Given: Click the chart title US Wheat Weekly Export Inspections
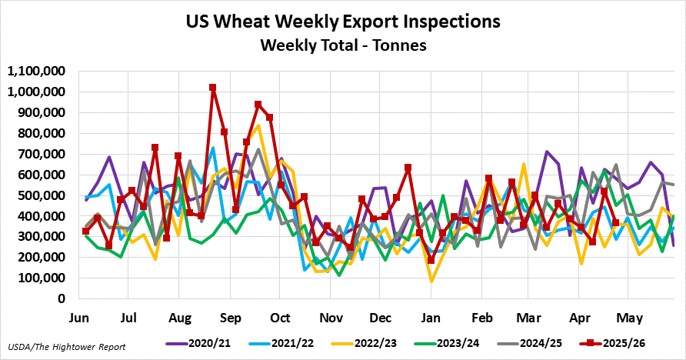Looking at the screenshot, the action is [x=343, y=21].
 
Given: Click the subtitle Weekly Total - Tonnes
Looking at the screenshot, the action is [x=344, y=45].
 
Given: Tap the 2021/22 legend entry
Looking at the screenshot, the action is [x=281, y=343].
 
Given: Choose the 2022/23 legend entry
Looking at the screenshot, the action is [x=364, y=343].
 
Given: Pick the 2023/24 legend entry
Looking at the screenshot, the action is [x=447, y=343].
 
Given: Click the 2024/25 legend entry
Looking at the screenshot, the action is [x=530, y=343].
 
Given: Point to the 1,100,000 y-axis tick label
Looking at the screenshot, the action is [x=36, y=71].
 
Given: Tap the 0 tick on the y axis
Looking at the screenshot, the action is [x=62, y=298].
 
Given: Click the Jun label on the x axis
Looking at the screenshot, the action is [x=79, y=318].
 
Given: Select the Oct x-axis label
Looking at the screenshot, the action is [x=280, y=318].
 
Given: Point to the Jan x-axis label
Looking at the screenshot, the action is [x=431, y=318].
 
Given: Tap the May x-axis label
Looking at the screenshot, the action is [x=629, y=318].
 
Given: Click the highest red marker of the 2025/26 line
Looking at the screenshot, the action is [x=212, y=88].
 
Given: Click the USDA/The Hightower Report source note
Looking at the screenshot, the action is [x=66, y=347].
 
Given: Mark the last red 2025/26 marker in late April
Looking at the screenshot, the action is [x=615, y=222].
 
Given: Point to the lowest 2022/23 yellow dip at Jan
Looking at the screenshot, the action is [x=431, y=282].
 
